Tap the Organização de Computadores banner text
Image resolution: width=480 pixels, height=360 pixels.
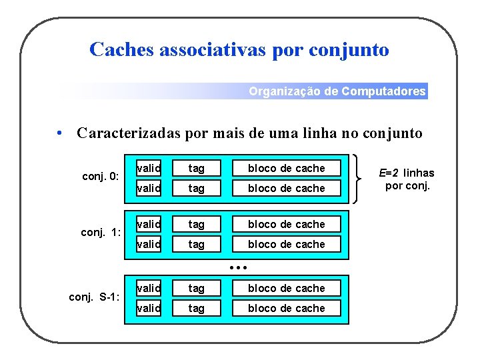point(337,91)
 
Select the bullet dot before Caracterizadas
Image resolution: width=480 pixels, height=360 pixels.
point(60,133)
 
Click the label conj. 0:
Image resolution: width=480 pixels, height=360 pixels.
point(100,177)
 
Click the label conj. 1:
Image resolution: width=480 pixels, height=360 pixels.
point(100,233)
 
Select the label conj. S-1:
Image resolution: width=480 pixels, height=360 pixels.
point(95,297)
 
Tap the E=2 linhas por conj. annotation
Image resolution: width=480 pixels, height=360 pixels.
point(406,179)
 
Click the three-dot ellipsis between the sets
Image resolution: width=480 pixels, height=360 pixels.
point(238,267)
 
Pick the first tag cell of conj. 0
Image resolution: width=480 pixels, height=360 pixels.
point(196,168)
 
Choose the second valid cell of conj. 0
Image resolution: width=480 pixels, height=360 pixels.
point(149,188)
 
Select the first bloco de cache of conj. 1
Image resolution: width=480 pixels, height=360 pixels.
point(286,224)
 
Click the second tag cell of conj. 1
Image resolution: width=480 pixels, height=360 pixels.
point(196,244)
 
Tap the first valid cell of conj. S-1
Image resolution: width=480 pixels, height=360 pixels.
point(149,288)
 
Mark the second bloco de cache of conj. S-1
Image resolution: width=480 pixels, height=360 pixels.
point(286,308)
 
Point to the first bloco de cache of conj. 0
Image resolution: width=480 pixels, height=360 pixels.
point(286,168)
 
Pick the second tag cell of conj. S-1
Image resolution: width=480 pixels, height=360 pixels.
point(196,308)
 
